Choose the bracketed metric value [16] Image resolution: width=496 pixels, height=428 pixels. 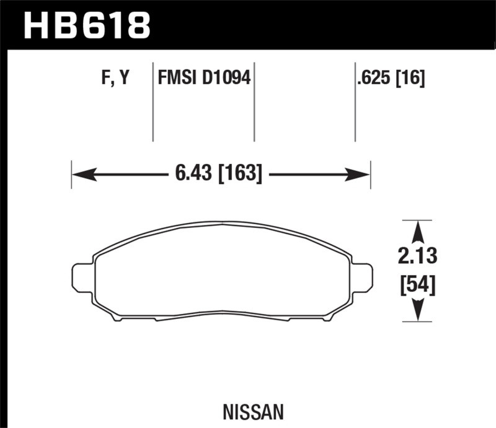coord(412,79)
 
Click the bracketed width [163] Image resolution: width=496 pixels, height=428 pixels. coord(239,174)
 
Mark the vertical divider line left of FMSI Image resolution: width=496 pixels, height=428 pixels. coord(153,102)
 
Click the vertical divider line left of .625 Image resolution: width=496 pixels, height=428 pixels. coord(355,102)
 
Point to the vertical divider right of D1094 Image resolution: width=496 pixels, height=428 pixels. coord(254,102)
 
